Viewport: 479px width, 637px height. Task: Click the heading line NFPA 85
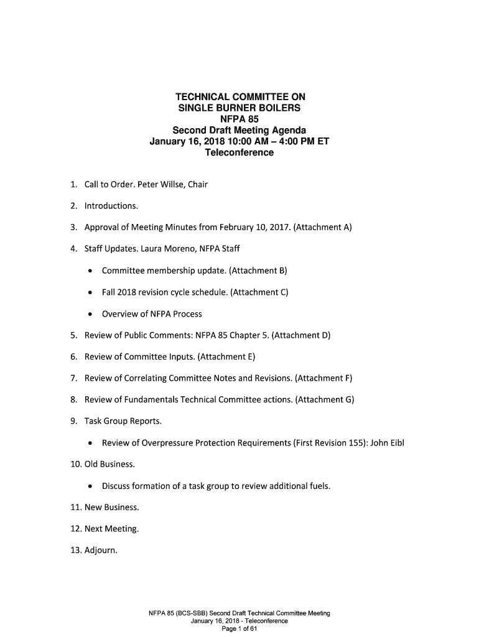pyautogui.click(x=240, y=119)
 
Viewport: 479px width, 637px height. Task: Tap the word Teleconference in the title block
pyautogui.click(x=240, y=152)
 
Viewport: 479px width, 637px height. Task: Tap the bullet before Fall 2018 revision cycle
pyautogui.click(x=91, y=292)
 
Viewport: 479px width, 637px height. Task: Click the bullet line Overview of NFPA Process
pyautogui.click(x=152, y=314)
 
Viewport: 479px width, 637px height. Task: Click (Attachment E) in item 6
pyautogui.click(x=226, y=357)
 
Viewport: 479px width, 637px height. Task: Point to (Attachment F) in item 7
pyautogui.click(x=323, y=378)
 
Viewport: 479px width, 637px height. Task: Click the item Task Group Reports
pyautogui.click(x=123, y=421)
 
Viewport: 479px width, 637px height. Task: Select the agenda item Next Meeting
pyautogui.click(x=112, y=529)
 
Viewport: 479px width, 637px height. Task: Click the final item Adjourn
pyautogui.click(x=101, y=551)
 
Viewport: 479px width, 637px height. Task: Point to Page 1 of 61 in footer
pyautogui.click(x=240, y=628)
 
